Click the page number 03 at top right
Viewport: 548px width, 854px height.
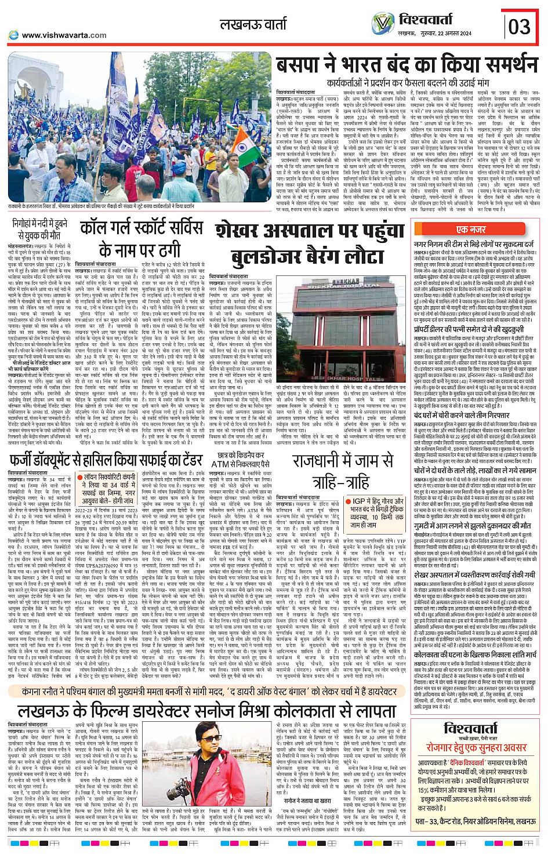(519, 26)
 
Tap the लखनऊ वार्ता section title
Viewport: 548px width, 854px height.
(253, 24)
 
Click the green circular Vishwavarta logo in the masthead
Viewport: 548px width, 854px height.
(383, 23)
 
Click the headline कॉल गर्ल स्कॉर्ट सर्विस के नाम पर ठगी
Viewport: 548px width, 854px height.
(141, 239)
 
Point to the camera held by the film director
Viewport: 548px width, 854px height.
(187, 788)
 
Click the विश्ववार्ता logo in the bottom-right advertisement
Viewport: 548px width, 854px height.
(478, 729)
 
